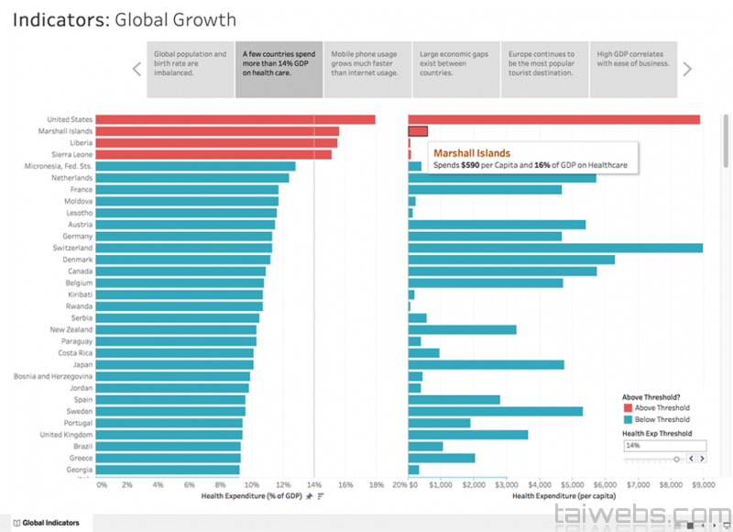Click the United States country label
coord(70,119)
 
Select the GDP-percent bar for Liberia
coord(216,143)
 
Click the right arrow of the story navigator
coord(687,69)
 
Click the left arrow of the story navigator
coord(137,69)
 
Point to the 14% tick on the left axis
coord(314,484)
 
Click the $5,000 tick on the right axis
coord(573,484)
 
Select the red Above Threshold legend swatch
coord(628,408)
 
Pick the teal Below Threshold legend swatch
coord(628,419)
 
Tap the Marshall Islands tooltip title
coord(471,153)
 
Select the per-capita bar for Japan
coord(486,364)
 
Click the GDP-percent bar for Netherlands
coord(191,178)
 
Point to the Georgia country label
coord(80,469)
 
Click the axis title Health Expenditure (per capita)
coord(563,496)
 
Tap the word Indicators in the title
coord(59,20)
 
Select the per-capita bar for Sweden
coord(495,411)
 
